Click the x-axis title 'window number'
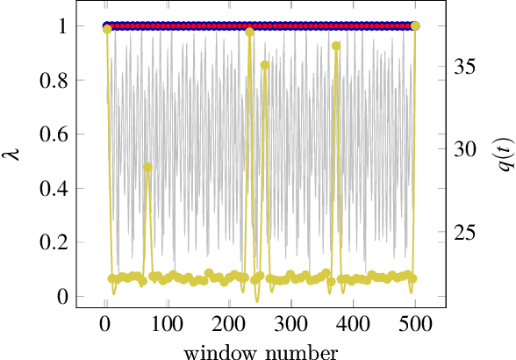pyautogui.click(x=261, y=351)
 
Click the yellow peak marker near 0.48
pyautogui.click(x=147, y=167)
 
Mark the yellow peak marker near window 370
pyautogui.click(x=336, y=46)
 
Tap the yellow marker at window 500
pyautogui.click(x=415, y=26)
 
